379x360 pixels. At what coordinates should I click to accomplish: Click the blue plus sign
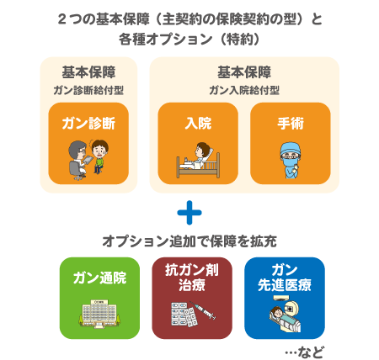point(189,213)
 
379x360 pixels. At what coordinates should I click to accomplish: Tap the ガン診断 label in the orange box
point(88,124)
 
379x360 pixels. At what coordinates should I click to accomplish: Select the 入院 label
point(198,124)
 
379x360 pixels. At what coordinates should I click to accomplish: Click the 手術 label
point(291,124)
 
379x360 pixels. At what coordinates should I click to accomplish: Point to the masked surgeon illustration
point(291,161)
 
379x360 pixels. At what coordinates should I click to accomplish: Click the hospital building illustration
point(99,314)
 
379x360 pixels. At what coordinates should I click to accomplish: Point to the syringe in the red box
point(203,310)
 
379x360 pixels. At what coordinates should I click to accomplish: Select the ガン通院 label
point(99,278)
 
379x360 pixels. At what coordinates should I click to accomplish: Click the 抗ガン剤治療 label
point(192,278)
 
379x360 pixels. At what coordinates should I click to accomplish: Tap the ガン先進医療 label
point(285,278)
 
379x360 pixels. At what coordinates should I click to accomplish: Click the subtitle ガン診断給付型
point(88,90)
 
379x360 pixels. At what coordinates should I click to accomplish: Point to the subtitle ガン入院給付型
point(244,90)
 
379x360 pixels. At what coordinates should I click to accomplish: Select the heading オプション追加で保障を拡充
point(189,241)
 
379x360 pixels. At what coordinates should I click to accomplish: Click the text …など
point(305,352)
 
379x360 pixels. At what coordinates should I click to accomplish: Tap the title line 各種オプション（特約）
point(189,39)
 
